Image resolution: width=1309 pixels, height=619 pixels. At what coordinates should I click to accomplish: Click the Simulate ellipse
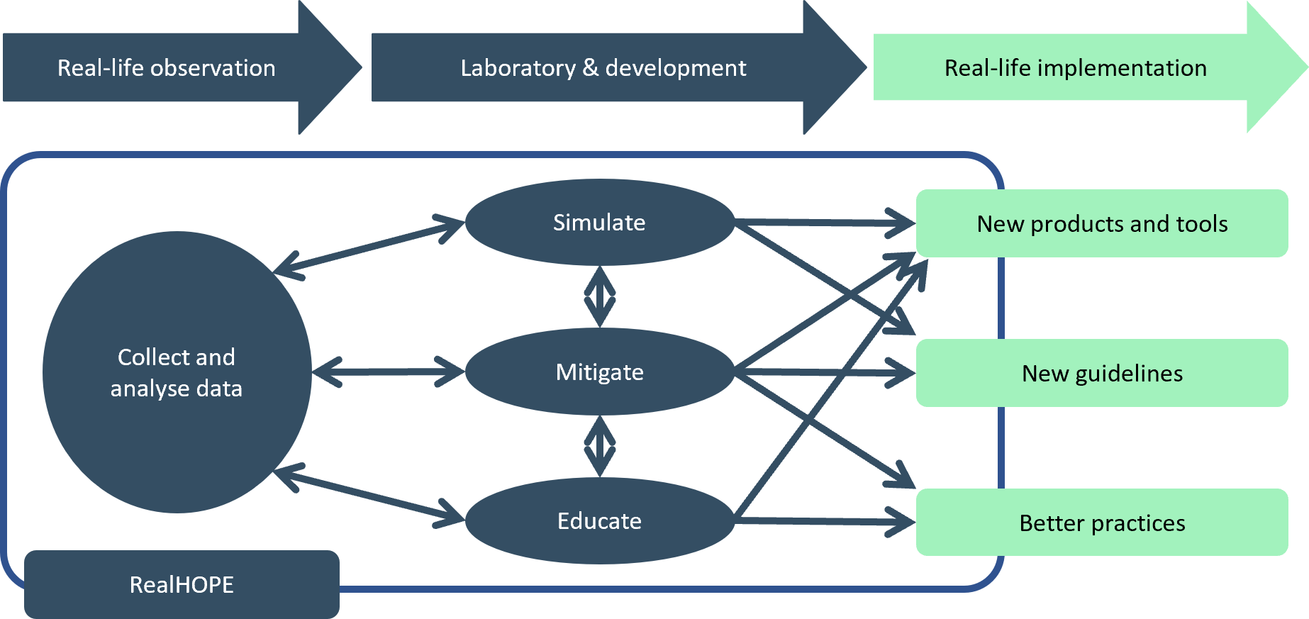pos(599,223)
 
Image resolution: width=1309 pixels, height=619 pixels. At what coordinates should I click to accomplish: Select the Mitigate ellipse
pos(599,372)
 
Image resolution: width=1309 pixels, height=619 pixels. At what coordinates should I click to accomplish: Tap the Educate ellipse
pos(599,521)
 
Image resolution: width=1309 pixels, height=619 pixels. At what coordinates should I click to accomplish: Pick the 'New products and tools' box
pos(1101,224)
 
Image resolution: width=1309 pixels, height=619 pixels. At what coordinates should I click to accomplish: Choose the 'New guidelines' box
pos(1101,374)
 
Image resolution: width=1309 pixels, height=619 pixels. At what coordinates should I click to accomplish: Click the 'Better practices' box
pos(1101,523)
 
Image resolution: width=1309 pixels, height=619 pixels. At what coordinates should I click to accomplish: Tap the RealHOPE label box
pos(182,584)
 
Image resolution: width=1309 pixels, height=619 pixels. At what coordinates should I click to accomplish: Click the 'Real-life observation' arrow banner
pos(167,68)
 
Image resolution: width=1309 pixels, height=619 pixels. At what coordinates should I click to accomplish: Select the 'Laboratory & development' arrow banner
pos(603,68)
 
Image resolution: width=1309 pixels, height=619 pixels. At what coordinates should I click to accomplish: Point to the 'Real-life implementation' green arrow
pos(1075,68)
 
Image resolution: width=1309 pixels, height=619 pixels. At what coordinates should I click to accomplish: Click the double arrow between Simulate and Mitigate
pos(600,296)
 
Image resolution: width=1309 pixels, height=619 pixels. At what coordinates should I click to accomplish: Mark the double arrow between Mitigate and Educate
pos(600,446)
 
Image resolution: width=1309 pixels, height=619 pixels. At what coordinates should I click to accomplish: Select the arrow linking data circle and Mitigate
pos(388,372)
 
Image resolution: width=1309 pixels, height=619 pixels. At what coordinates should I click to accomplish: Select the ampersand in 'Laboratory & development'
pos(590,68)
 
